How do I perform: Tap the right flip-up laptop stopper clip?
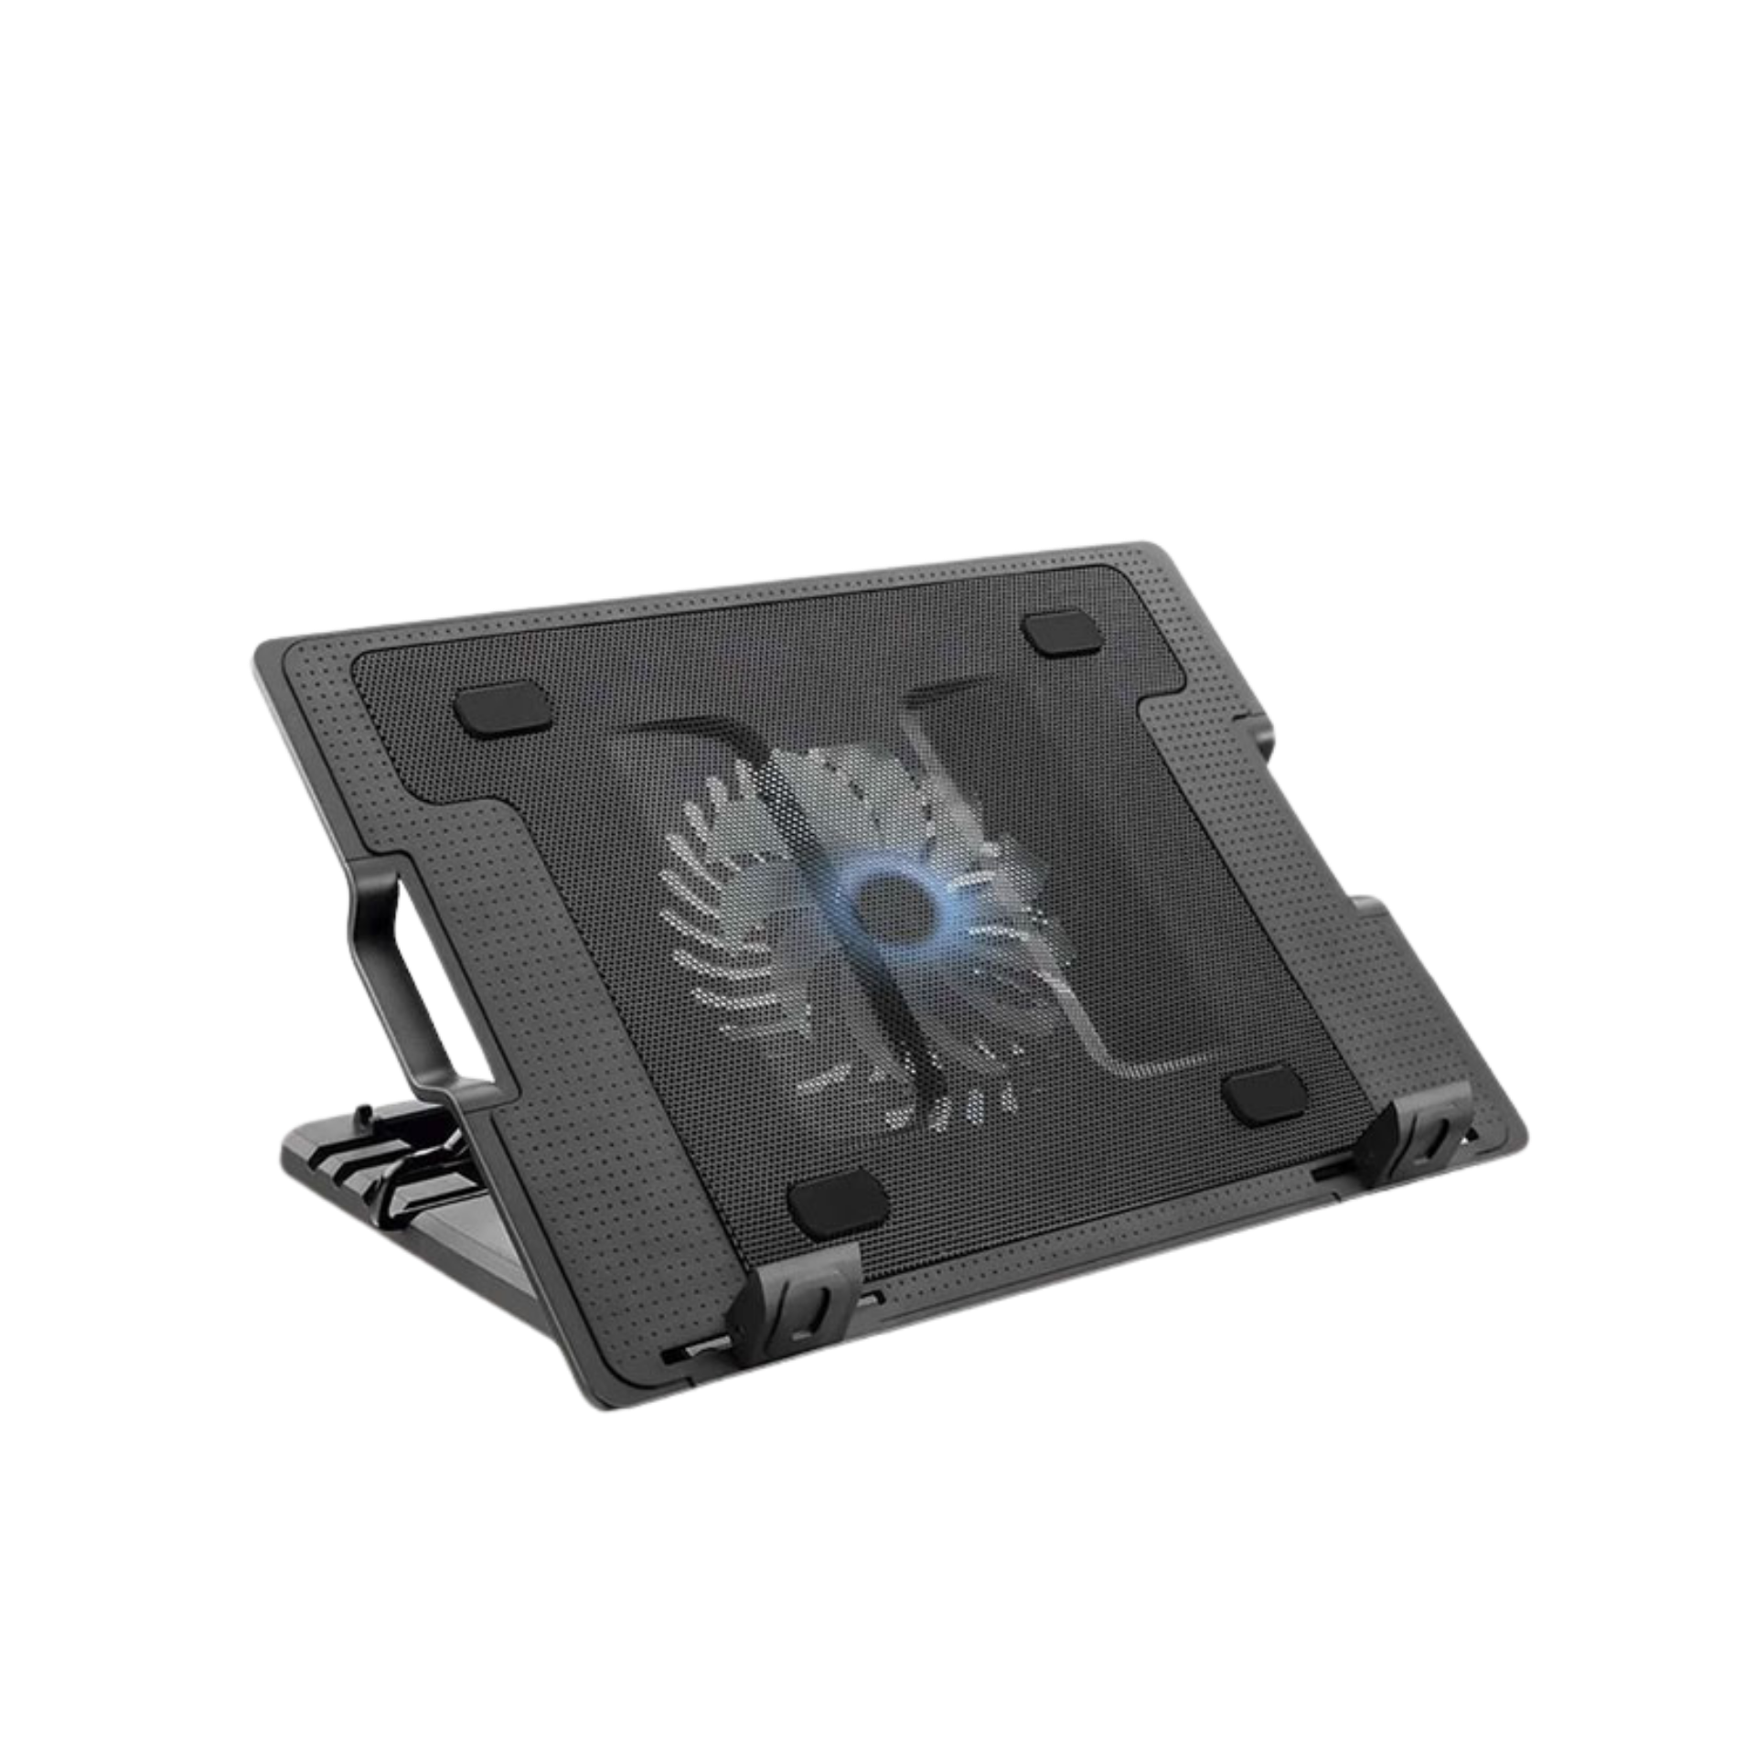pyautogui.click(x=1422, y=1143)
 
